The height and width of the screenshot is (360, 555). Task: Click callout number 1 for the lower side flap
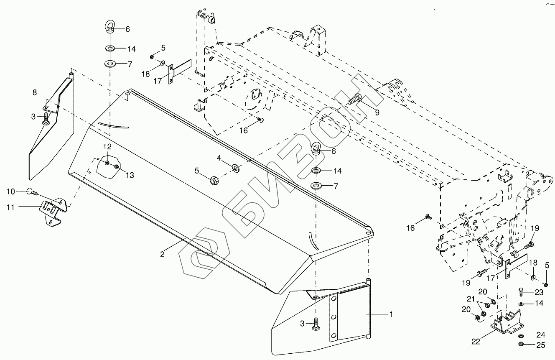click(391, 314)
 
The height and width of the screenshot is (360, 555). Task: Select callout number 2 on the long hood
click(163, 253)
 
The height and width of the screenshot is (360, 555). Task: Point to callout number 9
click(377, 112)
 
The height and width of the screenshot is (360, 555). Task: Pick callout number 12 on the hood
click(108, 147)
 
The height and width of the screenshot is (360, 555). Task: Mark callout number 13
click(130, 176)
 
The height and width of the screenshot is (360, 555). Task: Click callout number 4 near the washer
click(219, 158)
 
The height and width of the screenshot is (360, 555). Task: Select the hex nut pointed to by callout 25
click(522, 344)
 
